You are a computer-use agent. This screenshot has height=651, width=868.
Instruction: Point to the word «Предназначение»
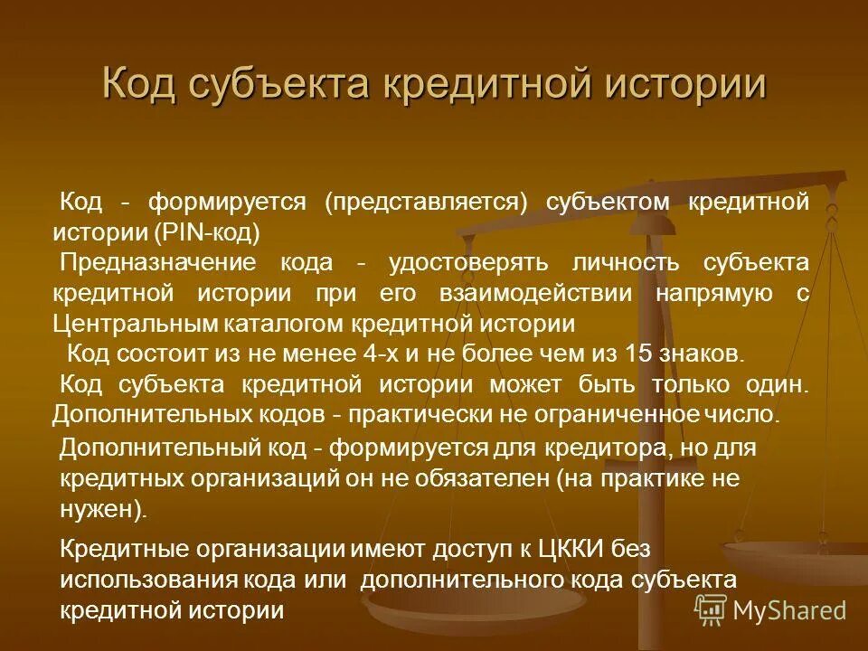tap(157, 263)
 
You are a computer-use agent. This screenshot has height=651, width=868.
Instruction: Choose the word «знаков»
tap(686, 354)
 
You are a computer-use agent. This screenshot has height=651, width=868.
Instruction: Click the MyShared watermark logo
tap(771, 610)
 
